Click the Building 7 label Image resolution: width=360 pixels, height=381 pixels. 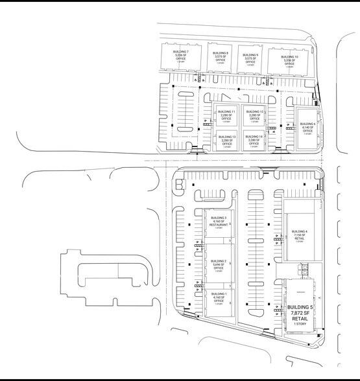tap(181, 51)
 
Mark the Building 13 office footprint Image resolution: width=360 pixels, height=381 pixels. tap(227, 140)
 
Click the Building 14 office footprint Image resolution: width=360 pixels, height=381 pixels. tap(254, 140)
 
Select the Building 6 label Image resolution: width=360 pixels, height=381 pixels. tap(307, 124)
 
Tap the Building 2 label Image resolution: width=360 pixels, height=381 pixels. tap(217, 260)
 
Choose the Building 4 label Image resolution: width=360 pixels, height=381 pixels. tap(298, 231)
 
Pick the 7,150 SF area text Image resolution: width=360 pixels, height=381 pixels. tap(298, 235)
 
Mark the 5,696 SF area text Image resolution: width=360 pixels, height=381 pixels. tap(217, 264)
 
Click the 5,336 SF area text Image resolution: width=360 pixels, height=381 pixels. tap(181, 54)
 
